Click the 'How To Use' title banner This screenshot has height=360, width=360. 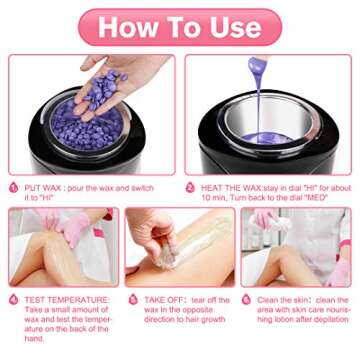[179, 26]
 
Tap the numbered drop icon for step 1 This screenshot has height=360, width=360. [14, 186]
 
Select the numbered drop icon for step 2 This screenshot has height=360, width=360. [190, 186]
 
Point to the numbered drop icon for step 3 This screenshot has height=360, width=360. [14, 298]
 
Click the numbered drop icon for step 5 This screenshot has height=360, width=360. [133, 298]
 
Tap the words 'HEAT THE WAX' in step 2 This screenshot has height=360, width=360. [222, 186]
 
